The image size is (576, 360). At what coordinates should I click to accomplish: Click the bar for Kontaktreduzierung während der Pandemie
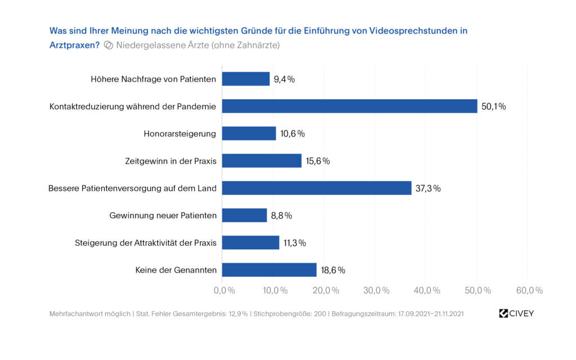coord(349,106)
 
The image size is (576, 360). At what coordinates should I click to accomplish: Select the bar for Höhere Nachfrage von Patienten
coord(246,79)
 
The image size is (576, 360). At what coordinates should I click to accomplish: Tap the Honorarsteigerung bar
coord(249,133)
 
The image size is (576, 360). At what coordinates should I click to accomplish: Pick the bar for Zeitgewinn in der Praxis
coord(262,161)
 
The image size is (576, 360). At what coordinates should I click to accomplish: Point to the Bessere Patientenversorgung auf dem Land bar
coord(317,188)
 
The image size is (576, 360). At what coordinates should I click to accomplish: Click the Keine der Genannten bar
coord(269,270)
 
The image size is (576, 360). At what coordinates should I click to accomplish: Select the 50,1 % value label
coord(493,106)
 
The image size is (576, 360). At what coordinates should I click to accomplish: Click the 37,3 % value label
coord(428,188)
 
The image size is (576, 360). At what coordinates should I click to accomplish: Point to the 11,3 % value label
coord(294,243)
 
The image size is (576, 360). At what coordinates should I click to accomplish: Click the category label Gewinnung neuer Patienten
coord(163,215)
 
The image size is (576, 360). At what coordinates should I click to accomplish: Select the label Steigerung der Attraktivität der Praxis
coord(146,243)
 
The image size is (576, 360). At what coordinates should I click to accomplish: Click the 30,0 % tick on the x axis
coord(376,290)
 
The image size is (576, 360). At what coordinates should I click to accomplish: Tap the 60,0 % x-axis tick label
coord(529,290)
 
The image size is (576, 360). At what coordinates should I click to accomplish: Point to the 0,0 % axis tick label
coord(224,290)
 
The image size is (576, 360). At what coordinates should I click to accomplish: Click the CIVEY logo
coord(516,313)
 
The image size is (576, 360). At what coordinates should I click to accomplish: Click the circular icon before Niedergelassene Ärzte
coord(109,46)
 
